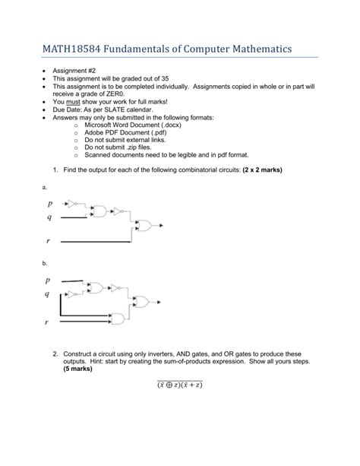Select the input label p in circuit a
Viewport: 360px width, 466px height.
point(50,204)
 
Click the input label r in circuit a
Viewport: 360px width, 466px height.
point(48,241)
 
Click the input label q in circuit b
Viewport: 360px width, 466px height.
point(48,294)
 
